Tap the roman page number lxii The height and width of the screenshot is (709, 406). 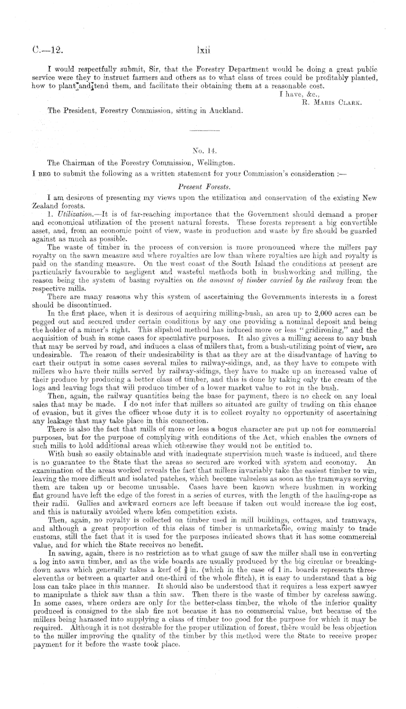coord(202,40)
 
